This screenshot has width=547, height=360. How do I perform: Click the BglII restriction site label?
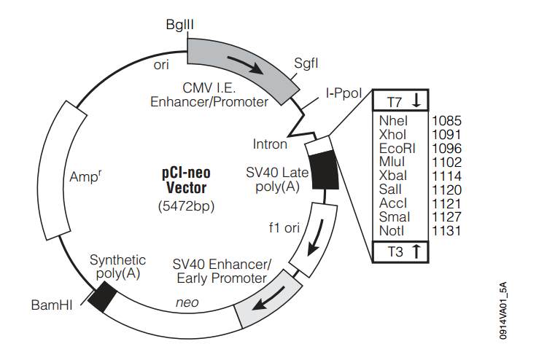click(179, 25)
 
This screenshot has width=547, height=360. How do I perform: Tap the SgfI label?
click(306, 63)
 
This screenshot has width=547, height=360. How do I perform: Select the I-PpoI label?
click(343, 93)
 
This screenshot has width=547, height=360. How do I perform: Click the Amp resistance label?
click(84, 176)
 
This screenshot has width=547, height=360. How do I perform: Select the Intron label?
click(270, 144)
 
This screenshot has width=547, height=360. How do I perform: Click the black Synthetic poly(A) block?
click(102, 296)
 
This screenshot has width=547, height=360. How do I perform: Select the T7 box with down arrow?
click(402, 101)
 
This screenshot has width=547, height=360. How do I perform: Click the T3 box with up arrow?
click(402, 251)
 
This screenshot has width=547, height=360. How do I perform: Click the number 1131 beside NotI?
click(446, 231)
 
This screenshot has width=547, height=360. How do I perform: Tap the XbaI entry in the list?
click(395, 176)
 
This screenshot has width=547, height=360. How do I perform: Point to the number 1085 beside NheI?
click(446, 120)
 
